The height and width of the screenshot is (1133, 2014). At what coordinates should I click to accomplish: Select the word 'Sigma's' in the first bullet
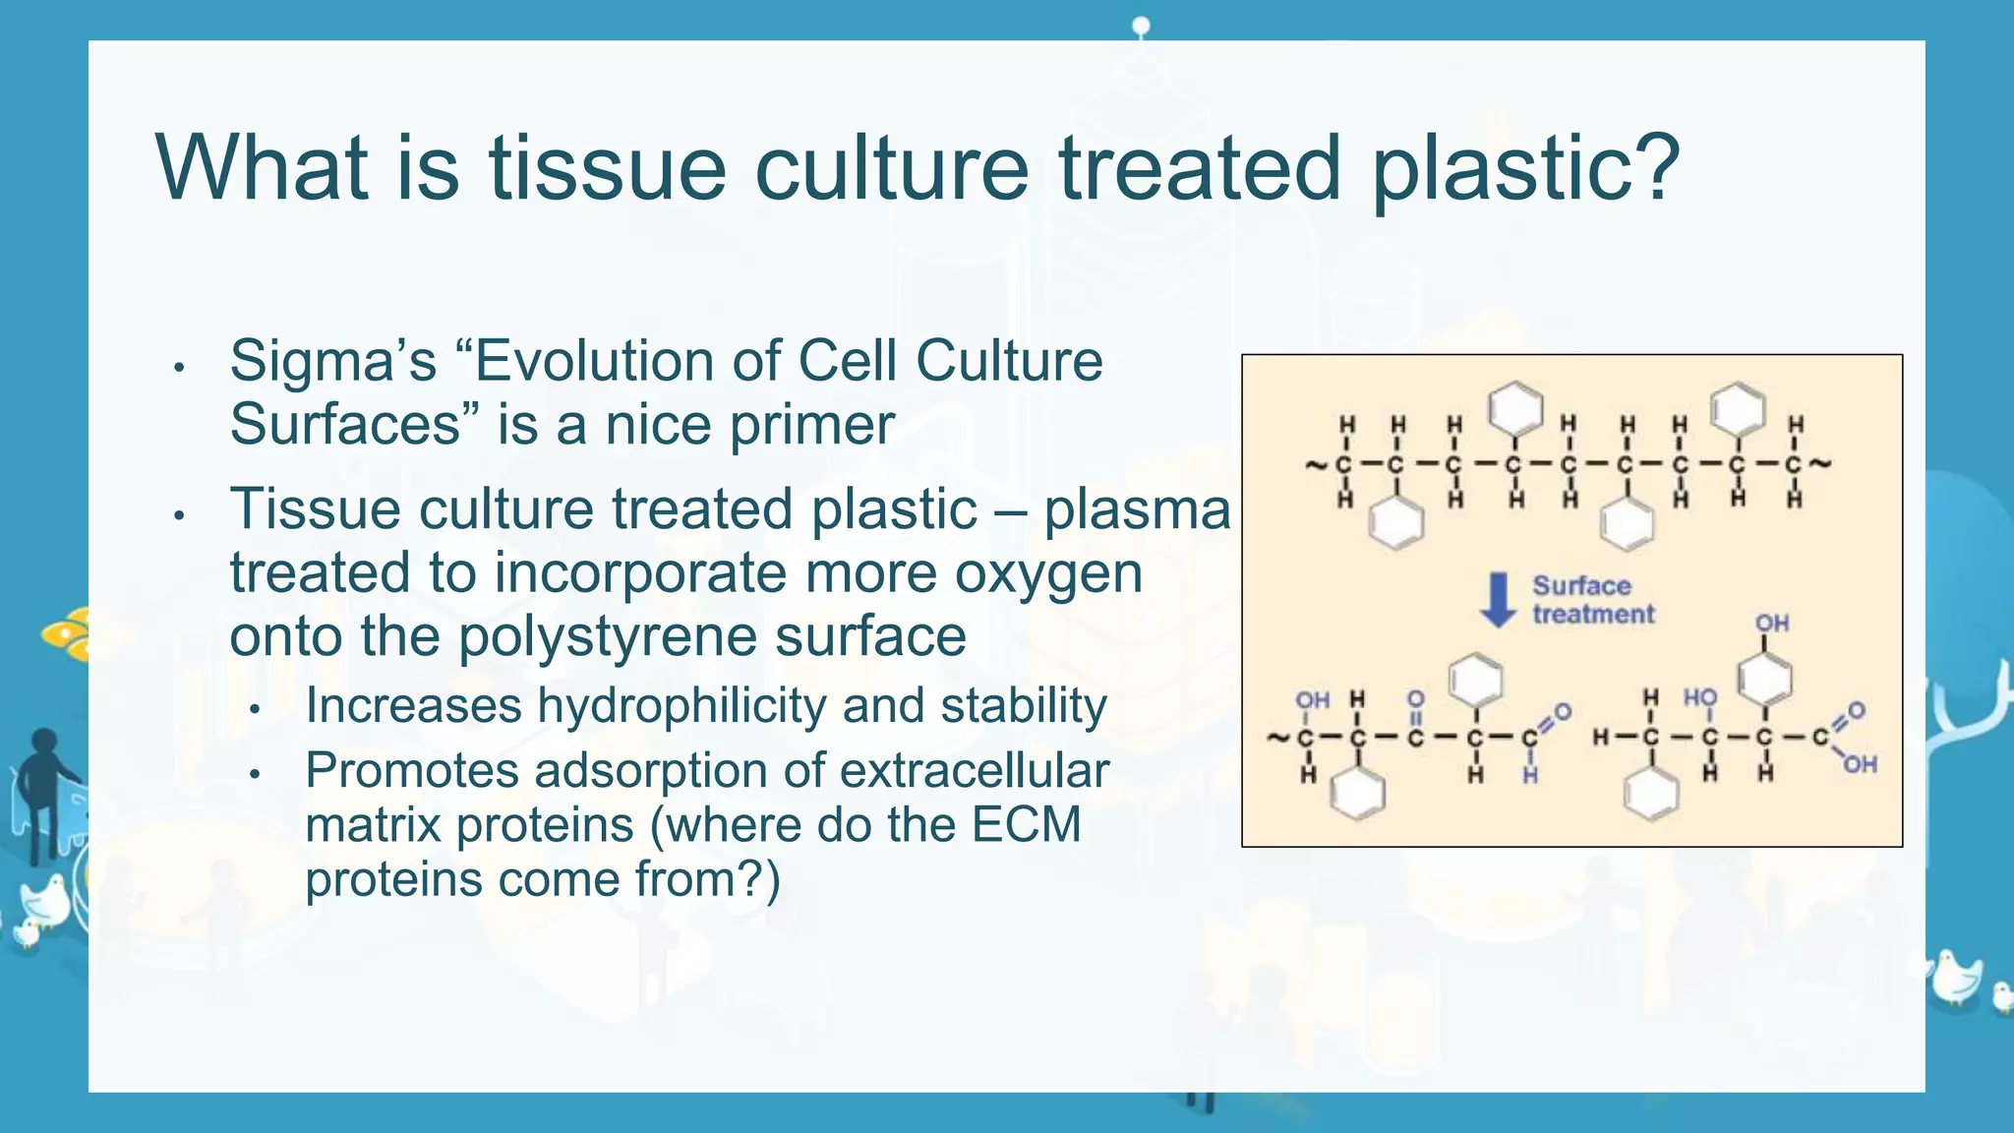pyautogui.click(x=332, y=361)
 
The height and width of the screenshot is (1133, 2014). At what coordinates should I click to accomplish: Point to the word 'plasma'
pyautogui.click(x=1136, y=510)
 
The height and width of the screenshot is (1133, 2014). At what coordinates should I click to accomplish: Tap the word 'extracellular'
pyautogui.click(x=974, y=770)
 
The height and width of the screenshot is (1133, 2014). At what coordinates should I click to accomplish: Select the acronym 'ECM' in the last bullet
pyautogui.click(x=1026, y=824)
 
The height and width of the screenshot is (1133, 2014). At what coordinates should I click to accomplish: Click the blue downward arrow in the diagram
pyautogui.click(x=1498, y=600)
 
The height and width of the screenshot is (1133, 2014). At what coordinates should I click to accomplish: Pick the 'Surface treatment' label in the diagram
pyautogui.click(x=1592, y=600)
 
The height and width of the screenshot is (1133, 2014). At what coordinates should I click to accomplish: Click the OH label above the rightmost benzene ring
pyautogui.click(x=1772, y=624)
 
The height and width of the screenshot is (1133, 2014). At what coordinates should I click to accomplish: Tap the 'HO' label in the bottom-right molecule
pyautogui.click(x=1699, y=697)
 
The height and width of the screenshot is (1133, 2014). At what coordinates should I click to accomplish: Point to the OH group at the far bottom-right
pyautogui.click(x=1860, y=764)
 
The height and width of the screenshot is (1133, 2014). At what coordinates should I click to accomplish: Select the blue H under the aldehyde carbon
pyautogui.click(x=1530, y=776)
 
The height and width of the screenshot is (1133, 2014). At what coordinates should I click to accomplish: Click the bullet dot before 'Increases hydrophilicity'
pyautogui.click(x=254, y=709)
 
